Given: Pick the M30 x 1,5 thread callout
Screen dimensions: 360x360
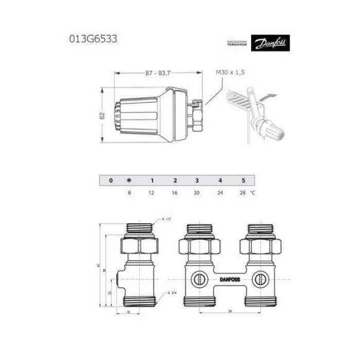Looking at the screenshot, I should [x=230, y=74].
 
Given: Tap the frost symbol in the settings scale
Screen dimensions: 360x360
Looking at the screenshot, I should [x=129, y=181].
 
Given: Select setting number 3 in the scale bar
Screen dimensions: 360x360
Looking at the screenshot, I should [x=197, y=181].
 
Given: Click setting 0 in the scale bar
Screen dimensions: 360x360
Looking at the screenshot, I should [x=110, y=181].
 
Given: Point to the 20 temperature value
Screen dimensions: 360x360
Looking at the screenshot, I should [x=197, y=194].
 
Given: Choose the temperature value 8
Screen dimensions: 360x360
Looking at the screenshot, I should [x=129, y=194].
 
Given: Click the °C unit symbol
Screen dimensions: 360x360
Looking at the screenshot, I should [x=253, y=194].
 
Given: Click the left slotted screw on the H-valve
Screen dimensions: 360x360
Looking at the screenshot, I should [x=198, y=278].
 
